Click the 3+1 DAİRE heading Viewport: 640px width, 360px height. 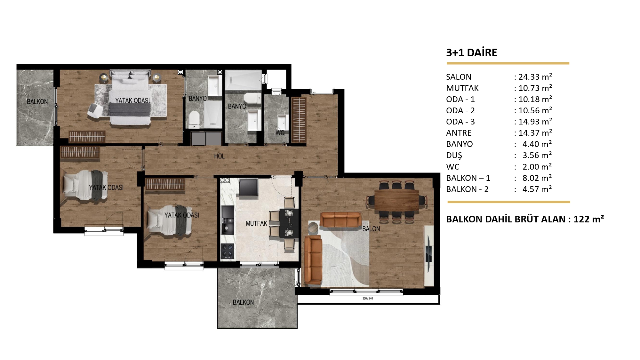(x=472, y=52)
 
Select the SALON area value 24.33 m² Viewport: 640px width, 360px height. (x=535, y=77)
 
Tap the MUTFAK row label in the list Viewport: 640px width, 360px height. (x=462, y=88)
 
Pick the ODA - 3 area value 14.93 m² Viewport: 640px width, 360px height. (x=535, y=122)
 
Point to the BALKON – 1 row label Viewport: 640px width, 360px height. (x=468, y=178)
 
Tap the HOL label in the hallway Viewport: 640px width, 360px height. (x=219, y=156)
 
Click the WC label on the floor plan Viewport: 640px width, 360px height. (x=280, y=132)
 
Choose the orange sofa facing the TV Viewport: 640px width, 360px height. (x=341, y=220)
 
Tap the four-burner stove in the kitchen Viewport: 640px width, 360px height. (x=228, y=251)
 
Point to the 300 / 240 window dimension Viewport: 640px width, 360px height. (x=368, y=299)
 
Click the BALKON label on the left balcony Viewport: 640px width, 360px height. (x=37, y=101)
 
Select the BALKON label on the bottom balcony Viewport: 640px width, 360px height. (x=243, y=302)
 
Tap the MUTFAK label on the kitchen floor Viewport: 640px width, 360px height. (x=256, y=223)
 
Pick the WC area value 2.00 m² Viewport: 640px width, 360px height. (x=537, y=167)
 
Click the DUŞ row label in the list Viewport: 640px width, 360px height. (x=454, y=156)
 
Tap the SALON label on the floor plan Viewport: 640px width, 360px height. (x=371, y=229)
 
